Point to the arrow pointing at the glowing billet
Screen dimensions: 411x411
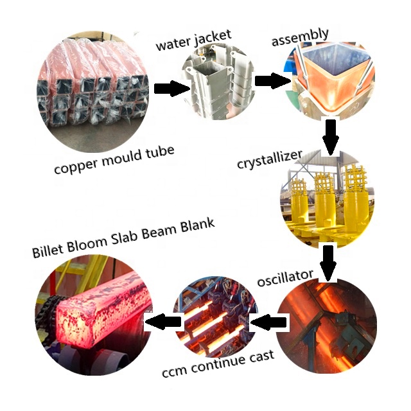(x=161, y=320)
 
